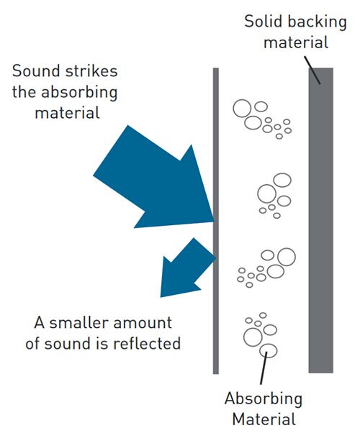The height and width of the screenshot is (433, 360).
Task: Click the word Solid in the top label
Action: pos(261,21)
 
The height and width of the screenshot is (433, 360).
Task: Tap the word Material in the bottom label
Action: pos(263,418)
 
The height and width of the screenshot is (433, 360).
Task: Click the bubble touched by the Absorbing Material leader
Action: pos(269,352)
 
